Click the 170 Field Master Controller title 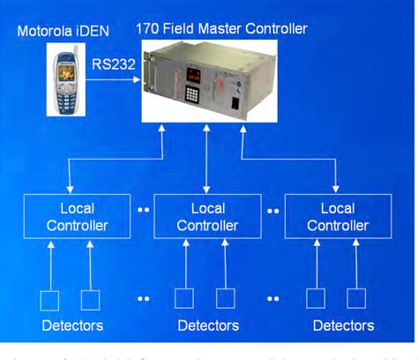220,28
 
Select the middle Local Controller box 207,216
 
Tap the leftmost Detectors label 72,326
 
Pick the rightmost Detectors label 344,326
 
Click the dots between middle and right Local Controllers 274,212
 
